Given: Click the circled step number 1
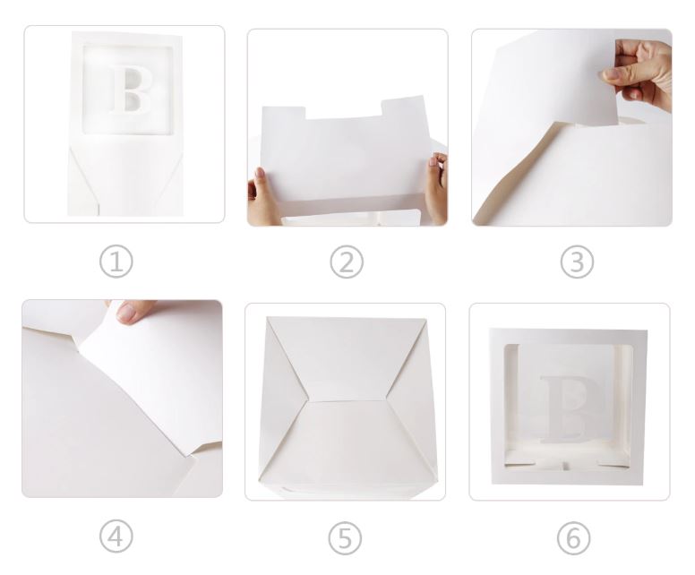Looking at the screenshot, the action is pos(116,262).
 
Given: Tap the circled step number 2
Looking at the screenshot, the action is pos(347,262).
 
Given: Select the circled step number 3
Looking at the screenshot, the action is pos(577,262).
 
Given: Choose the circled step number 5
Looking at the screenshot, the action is pos(345,538).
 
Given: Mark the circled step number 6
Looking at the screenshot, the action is pos(573,538).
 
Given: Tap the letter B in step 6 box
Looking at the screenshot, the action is pos(568,408).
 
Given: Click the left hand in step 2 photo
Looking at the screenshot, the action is pos(262,197).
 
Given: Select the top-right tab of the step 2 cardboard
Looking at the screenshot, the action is pos(403,105).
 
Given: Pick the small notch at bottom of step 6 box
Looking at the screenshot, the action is pos(565,466).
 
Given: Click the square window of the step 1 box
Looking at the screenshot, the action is pos(127,89).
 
